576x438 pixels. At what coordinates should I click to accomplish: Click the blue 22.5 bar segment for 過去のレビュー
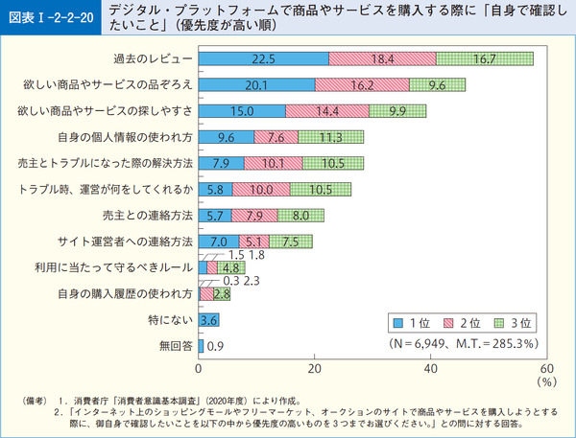264,59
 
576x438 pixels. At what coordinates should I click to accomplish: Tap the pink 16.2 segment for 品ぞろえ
362,85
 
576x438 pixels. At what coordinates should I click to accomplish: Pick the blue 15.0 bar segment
242,111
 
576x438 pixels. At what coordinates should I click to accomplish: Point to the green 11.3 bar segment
331,137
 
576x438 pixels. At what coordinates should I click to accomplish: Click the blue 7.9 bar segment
222,163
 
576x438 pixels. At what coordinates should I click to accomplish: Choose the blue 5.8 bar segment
216,189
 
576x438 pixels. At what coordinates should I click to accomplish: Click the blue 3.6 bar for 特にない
209,319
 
